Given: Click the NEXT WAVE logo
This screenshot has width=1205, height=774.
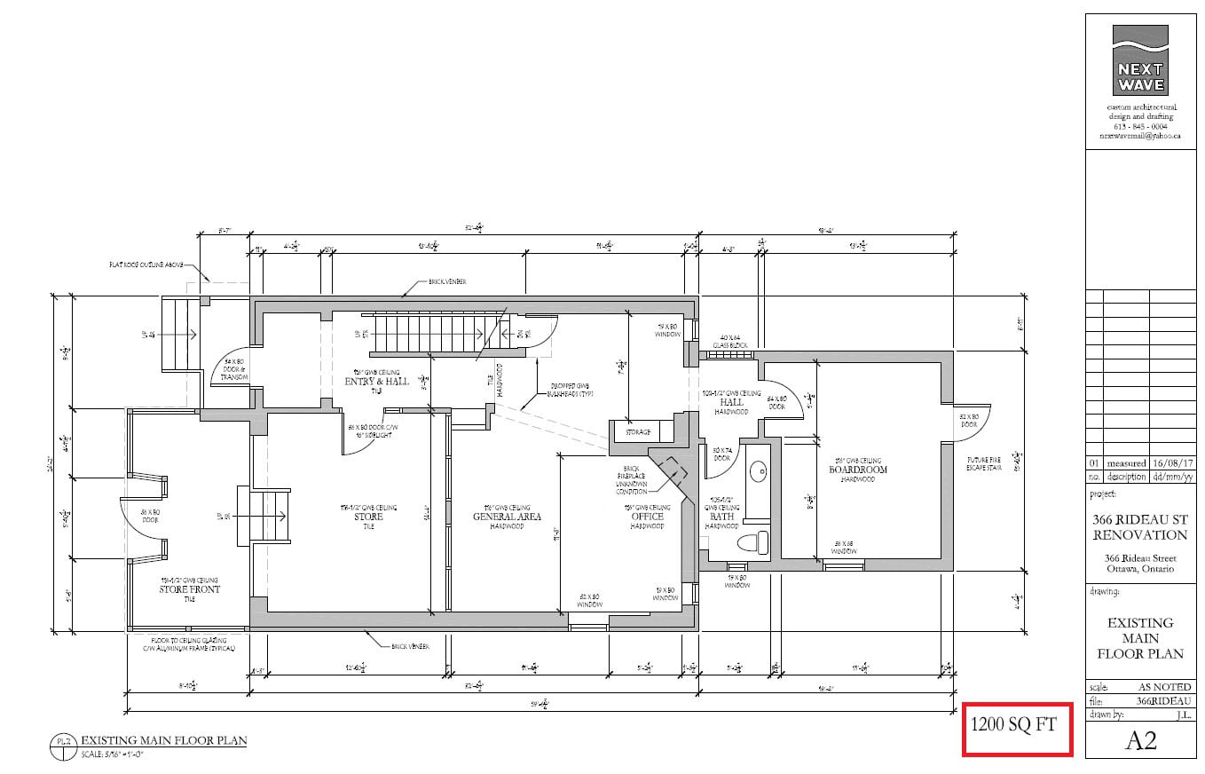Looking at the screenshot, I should coord(1140,59).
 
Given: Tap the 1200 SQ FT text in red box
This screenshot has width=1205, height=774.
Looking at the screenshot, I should coord(1013,724).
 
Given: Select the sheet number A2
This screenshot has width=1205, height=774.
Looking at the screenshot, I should coord(1140,741).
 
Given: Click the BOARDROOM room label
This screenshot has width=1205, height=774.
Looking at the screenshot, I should coord(858,470).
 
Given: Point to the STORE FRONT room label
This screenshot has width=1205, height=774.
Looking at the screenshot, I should coord(190,588).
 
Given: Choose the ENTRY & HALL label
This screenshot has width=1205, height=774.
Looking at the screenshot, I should coord(377,382).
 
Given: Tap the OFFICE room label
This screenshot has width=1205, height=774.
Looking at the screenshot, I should coord(647,517).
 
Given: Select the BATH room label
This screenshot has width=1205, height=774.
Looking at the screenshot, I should coord(722,516).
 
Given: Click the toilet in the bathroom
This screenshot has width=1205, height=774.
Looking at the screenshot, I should coord(752,542).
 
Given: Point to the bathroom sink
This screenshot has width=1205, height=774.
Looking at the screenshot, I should coord(757,470).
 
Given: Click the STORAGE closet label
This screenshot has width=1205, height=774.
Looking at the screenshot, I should coord(638,432).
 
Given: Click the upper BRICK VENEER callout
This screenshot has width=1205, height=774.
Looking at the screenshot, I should coord(449,281).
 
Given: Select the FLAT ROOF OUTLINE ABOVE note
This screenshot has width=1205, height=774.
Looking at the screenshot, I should coord(146,265).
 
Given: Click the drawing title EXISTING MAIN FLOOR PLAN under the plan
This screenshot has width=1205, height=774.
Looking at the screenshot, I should coord(163,739).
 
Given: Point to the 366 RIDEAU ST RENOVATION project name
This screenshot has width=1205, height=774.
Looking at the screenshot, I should coord(1139,527).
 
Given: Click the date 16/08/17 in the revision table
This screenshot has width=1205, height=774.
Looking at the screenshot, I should coord(1171,463).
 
